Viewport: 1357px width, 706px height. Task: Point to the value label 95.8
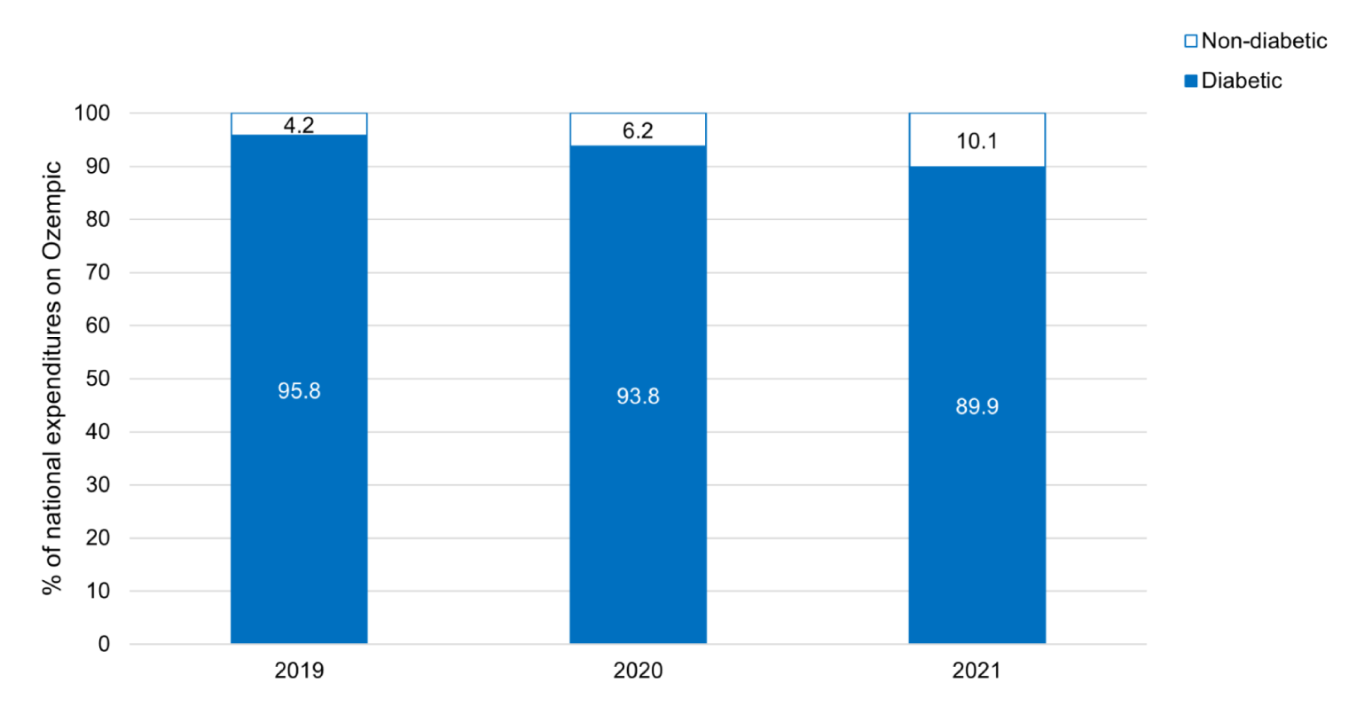pos(299,391)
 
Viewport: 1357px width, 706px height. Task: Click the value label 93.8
pos(638,396)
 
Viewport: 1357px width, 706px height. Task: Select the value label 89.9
pos(977,406)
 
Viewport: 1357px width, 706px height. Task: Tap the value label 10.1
pos(977,141)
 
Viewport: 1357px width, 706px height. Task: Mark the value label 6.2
pos(638,131)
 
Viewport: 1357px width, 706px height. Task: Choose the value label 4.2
pos(299,125)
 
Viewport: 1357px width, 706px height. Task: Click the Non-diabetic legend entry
pos(1255,41)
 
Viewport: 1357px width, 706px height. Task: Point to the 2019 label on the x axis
pos(299,671)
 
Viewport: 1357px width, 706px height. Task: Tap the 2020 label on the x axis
pos(638,671)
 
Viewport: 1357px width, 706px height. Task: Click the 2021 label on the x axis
pos(977,671)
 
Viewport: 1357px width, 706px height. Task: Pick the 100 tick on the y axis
pos(92,114)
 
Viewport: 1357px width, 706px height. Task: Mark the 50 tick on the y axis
pos(98,379)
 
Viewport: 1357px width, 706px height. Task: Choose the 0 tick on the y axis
pos(104,645)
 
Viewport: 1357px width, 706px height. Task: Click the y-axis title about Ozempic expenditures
pos(53,378)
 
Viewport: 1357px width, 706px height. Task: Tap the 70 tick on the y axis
pos(98,272)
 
